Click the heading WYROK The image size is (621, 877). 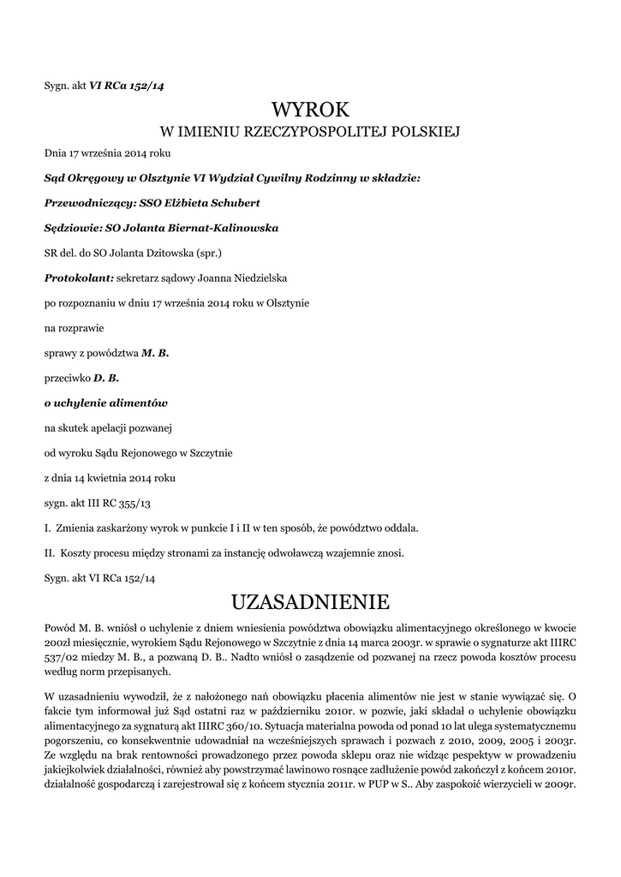(x=310, y=109)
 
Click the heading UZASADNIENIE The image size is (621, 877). (x=310, y=598)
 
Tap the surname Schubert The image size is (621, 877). (x=230, y=203)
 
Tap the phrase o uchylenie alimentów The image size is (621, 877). (x=105, y=402)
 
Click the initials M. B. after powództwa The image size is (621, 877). (x=155, y=352)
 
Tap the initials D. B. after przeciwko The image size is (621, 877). (x=106, y=377)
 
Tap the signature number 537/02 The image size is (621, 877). (x=59, y=658)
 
